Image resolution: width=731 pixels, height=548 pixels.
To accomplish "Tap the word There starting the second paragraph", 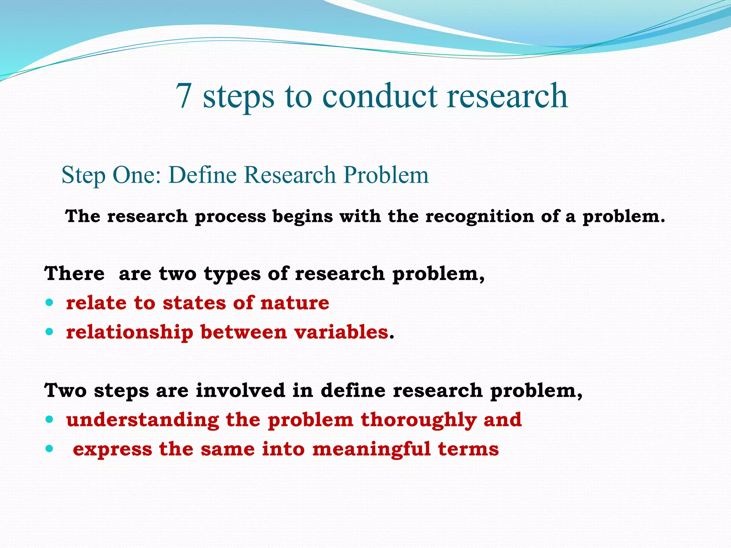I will click(x=75, y=274).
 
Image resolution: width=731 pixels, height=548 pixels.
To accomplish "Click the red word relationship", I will click(x=130, y=333).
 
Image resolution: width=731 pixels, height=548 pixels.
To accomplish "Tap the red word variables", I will click(x=341, y=333).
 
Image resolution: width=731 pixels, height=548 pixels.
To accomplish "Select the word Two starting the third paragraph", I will click(x=65, y=390).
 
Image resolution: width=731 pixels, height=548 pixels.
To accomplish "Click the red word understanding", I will click(x=142, y=420).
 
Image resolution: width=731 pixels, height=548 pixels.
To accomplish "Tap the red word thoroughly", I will click(x=419, y=420).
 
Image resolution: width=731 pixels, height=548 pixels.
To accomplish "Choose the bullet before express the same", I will click(x=50, y=449).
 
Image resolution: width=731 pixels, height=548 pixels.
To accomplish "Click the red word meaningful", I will click(x=371, y=449).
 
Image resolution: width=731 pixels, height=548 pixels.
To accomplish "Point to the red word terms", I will click(x=468, y=449).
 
